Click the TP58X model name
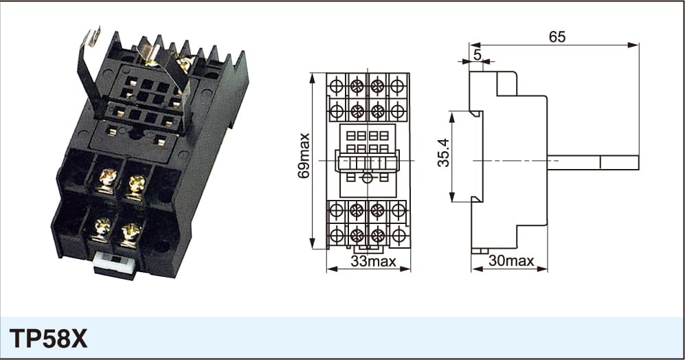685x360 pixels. coord(48,339)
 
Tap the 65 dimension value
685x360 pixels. coord(557,37)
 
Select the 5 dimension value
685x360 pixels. coord(477,55)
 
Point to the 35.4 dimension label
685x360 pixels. coord(443,153)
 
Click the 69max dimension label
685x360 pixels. coord(304,155)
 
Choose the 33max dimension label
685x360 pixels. coord(373,261)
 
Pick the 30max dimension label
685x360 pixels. coord(511,261)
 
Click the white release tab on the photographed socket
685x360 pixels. coord(115,263)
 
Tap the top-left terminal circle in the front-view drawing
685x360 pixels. coord(337,86)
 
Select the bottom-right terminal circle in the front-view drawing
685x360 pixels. coord(398,236)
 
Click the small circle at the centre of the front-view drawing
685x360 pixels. coord(368,178)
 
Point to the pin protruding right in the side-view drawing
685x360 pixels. coord(593,163)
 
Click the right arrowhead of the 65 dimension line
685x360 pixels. coord(633,45)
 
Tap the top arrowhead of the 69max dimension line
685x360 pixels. coord(312,78)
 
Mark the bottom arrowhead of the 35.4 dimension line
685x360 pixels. coord(452,196)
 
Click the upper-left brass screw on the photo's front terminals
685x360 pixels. coord(107,180)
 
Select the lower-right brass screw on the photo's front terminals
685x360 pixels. coord(130,234)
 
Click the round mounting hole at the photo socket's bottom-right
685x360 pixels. coord(161,247)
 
